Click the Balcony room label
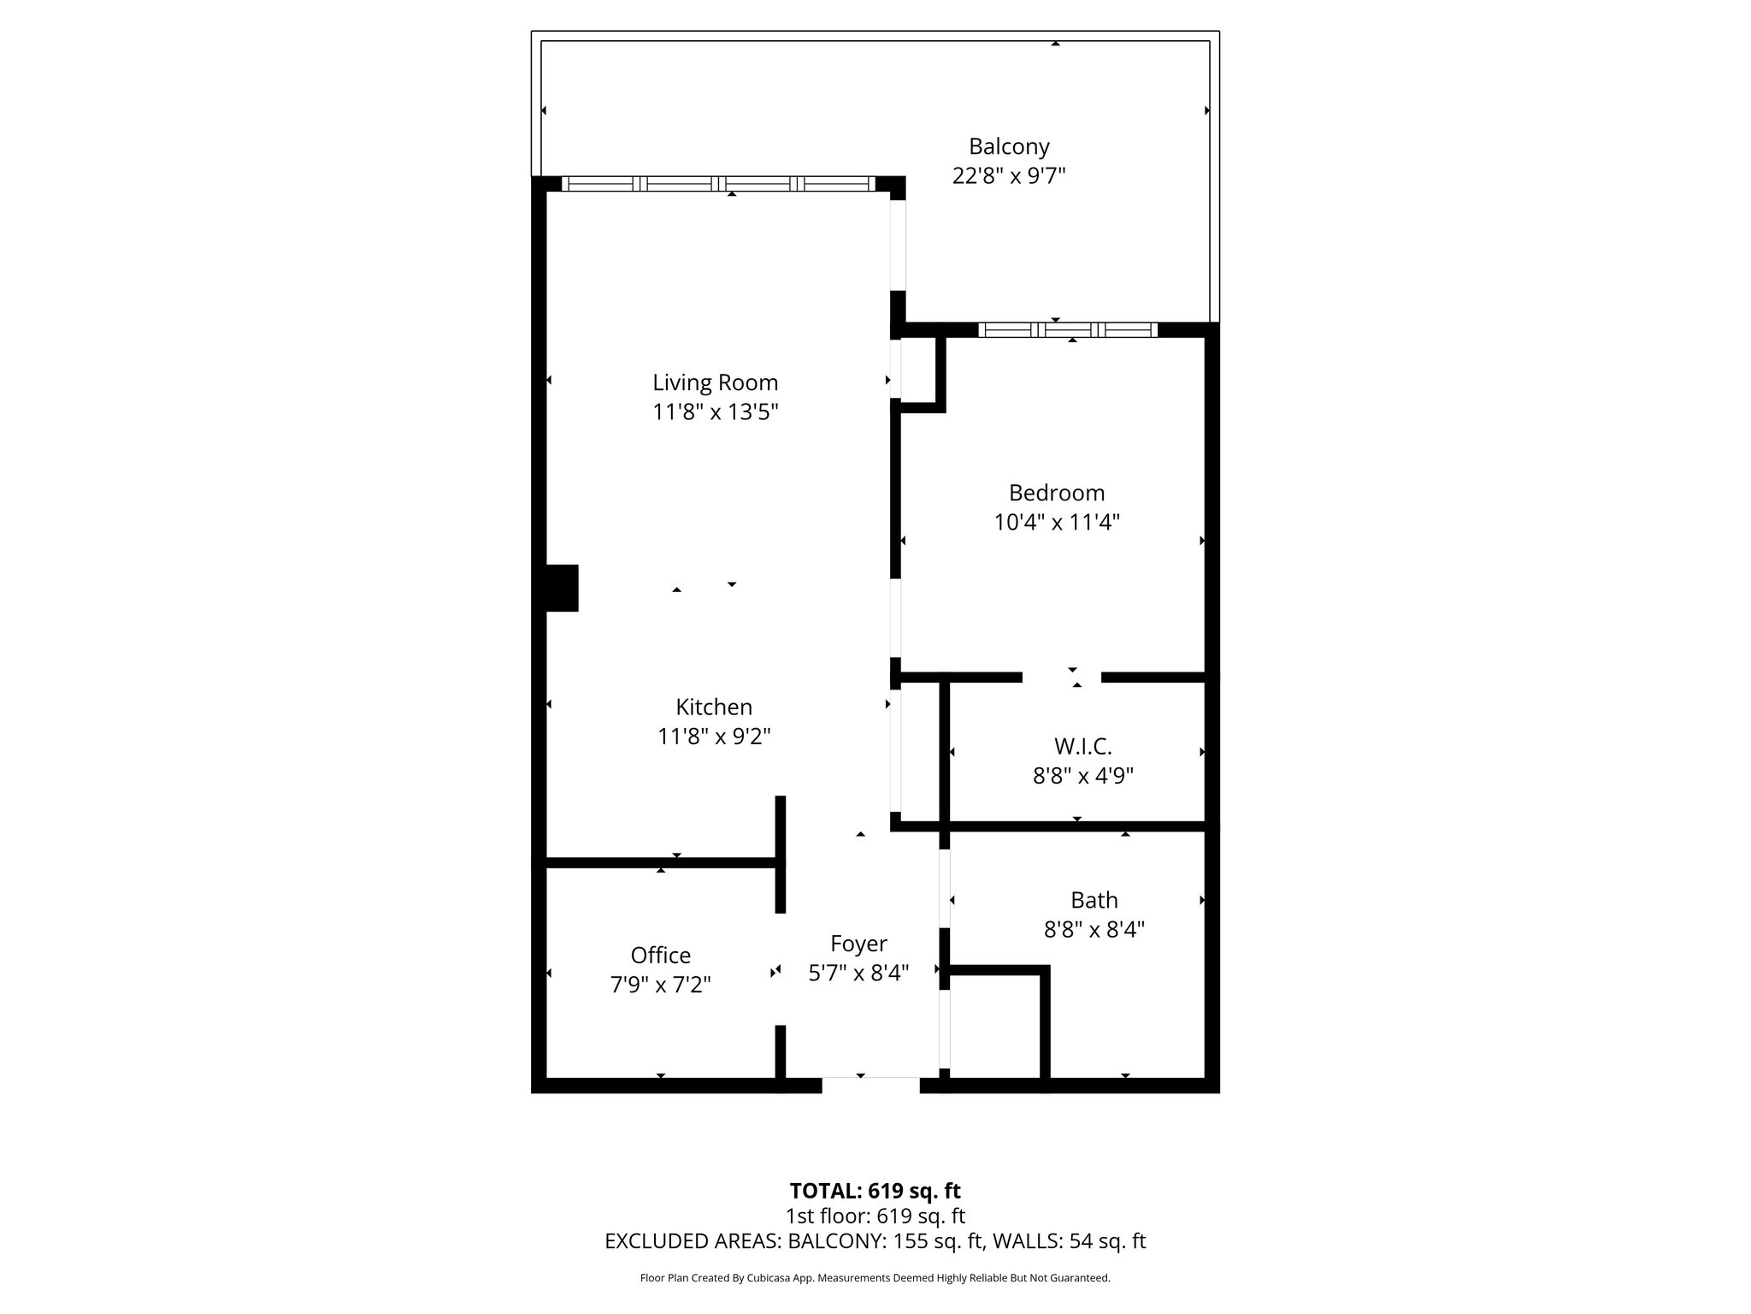pyautogui.click(x=1009, y=147)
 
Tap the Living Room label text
pyautogui.click(x=716, y=382)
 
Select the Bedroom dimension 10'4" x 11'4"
pyautogui.click(x=1057, y=522)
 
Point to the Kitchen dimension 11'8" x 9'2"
pyautogui.click(x=714, y=736)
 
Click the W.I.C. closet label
pyautogui.click(x=1082, y=747)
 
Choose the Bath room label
pyautogui.click(x=1094, y=900)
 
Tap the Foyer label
pyautogui.click(x=858, y=944)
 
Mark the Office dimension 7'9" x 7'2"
pyautogui.click(x=660, y=985)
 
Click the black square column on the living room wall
pyautogui.click(x=562, y=588)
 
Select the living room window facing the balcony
pyautogui.click(x=718, y=183)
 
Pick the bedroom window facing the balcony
pyautogui.click(x=1068, y=330)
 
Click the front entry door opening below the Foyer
pyautogui.click(x=871, y=1085)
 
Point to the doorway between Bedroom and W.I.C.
pyautogui.click(x=1062, y=678)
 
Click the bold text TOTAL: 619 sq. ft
pyautogui.click(x=875, y=1191)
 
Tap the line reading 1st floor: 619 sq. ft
pyautogui.click(x=875, y=1216)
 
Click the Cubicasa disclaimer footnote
pyautogui.click(x=875, y=1278)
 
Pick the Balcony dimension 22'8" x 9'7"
pyautogui.click(x=1009, y=176)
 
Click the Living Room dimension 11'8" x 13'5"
pyautogui.click(x=716, y=412)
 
